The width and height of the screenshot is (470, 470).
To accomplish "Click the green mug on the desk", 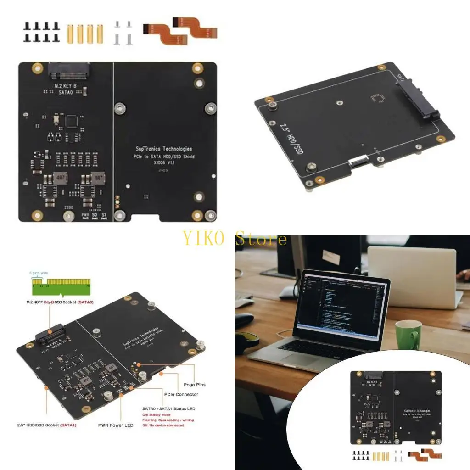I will tap(408, 335).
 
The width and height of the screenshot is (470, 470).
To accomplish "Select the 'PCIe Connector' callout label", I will tap(180, 394).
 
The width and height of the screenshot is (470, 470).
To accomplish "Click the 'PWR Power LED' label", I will tap(115, 425).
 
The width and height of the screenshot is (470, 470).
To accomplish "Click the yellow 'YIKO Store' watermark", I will tap(235, 239).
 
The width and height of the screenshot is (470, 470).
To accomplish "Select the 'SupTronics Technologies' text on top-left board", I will tap(164, 149).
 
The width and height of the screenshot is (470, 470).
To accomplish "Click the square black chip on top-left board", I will tap(72, 121).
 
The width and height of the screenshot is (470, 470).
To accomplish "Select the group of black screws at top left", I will tap(41, 32).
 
